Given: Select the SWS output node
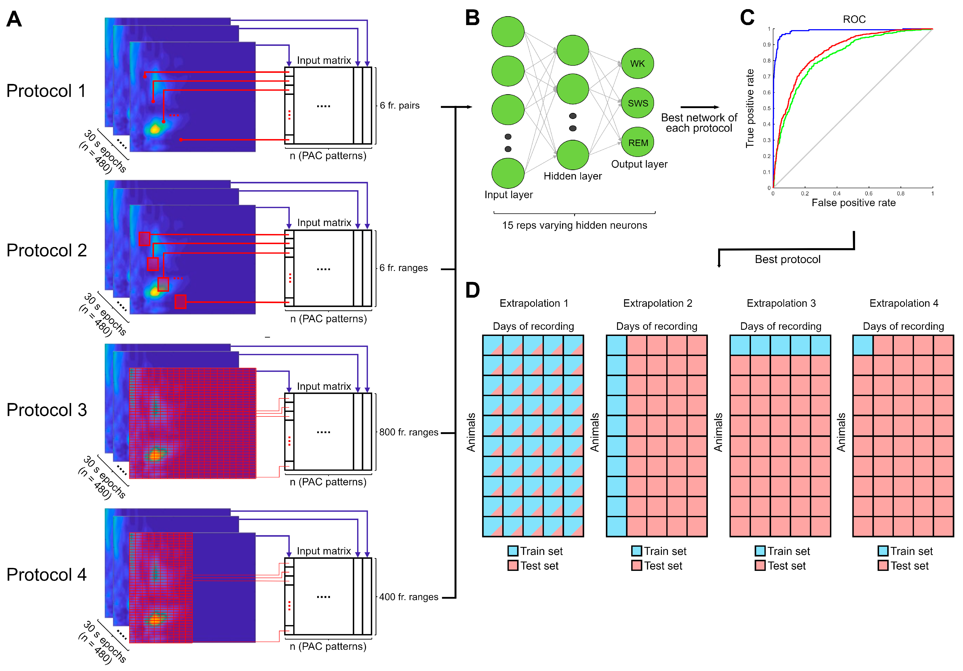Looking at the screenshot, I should [x=637, y=103].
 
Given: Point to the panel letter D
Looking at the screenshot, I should [x=472, y=290].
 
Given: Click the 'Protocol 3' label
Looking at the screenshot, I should [x=47, y=410].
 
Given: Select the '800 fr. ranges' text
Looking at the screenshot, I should [x=408, y=432].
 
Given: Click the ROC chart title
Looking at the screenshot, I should [x=854, y=19].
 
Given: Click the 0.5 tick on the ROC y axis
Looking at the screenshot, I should [x=767, y=108].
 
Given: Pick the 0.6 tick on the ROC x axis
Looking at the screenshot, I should [x=869, y=194].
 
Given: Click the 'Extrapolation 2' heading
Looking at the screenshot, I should [x=657, y=303].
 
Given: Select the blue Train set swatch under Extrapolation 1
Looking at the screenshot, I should [x=513, y=551].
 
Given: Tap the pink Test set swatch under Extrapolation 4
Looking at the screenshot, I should [x=883, y=565].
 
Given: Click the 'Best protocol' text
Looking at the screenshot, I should [x=787, y=259].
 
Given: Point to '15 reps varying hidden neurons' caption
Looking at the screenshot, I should [x=574, y=226].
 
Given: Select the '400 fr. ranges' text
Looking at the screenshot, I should [x=408, y=597].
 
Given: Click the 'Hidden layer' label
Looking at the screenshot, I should [x=573, y=176].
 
